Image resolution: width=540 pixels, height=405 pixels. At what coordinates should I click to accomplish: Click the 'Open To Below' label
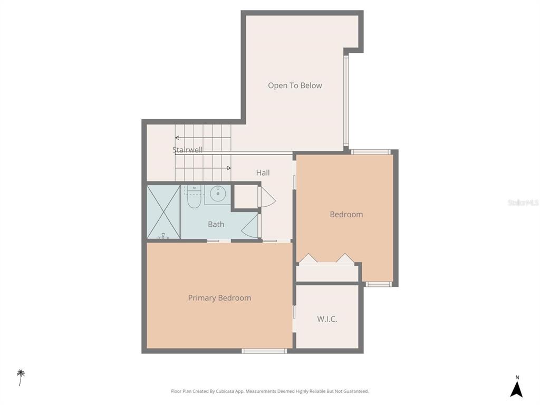(x=295, y=85)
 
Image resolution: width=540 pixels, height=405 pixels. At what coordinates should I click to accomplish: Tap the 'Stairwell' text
(x=187, y=150)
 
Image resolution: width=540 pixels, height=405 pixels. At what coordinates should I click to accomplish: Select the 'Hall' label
(x=263, y=172)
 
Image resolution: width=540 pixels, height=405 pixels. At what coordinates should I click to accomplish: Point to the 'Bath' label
(x=216, y=224)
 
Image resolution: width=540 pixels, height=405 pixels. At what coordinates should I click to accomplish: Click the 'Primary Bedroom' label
(x=219, y=297)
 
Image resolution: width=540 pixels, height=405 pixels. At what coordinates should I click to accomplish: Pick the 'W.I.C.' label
(x=327, y=319)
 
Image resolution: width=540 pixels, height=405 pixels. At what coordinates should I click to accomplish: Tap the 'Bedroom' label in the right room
(x=346, y=214)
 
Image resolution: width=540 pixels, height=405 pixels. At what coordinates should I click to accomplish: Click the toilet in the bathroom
(x=194, y=197)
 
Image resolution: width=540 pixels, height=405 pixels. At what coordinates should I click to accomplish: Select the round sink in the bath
(x=218, y=194)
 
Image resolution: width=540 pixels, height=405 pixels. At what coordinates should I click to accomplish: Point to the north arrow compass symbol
(x=517, y=388)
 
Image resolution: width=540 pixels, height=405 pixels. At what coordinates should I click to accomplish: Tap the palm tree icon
(x=21, y=377)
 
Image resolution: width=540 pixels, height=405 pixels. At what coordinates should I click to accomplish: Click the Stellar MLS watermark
(x=523, y=202)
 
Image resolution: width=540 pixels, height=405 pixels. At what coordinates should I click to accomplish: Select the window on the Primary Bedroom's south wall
(x=264, y=351)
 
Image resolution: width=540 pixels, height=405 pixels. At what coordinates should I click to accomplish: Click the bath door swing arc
(x=250, y=227)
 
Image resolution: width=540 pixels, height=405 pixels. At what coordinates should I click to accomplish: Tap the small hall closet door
(x=266, y=197)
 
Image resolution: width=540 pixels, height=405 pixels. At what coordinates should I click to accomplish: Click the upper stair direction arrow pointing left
(x=202, y=138)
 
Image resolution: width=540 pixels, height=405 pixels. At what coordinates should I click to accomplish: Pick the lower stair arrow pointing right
(x=202, y=168)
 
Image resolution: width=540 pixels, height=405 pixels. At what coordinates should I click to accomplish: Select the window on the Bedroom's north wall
(x=371, y=152)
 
